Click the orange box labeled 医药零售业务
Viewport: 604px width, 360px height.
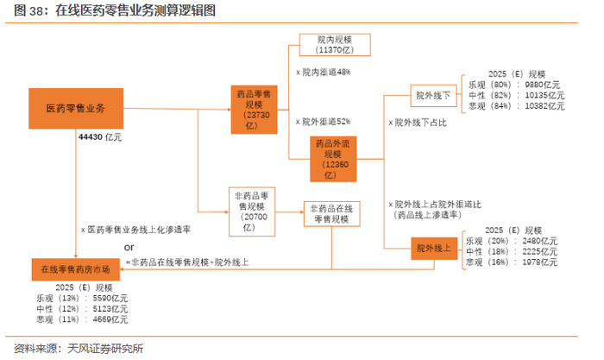[76, 108]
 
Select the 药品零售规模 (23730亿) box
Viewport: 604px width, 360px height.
[254, 110]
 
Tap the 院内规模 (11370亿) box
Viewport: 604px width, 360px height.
[335, 45]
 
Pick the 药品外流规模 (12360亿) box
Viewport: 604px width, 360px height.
[333, 159]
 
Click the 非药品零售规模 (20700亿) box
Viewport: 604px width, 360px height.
[252, 212]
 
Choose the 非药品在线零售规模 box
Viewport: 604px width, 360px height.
[331, 214]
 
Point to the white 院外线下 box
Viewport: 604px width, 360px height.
[433, 96]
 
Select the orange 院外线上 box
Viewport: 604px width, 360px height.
[434, 249]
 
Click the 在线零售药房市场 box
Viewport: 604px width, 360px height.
[76, 269]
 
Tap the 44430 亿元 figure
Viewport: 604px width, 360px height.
[100, 137]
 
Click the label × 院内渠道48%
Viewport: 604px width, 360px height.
[324, 72]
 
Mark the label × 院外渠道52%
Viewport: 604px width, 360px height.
[324, 122]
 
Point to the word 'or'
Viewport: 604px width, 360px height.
[129, 248]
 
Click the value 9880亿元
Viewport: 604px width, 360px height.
[543, 85]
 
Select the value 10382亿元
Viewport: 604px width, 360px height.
[544, 106]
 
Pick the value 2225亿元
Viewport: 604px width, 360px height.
[539, 252]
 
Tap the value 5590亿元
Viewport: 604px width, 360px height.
[110, 299]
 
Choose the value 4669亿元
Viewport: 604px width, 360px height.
[110, 319]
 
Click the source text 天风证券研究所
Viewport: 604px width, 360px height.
[105, 349]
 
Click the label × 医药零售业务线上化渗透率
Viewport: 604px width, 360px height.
[135, 230]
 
